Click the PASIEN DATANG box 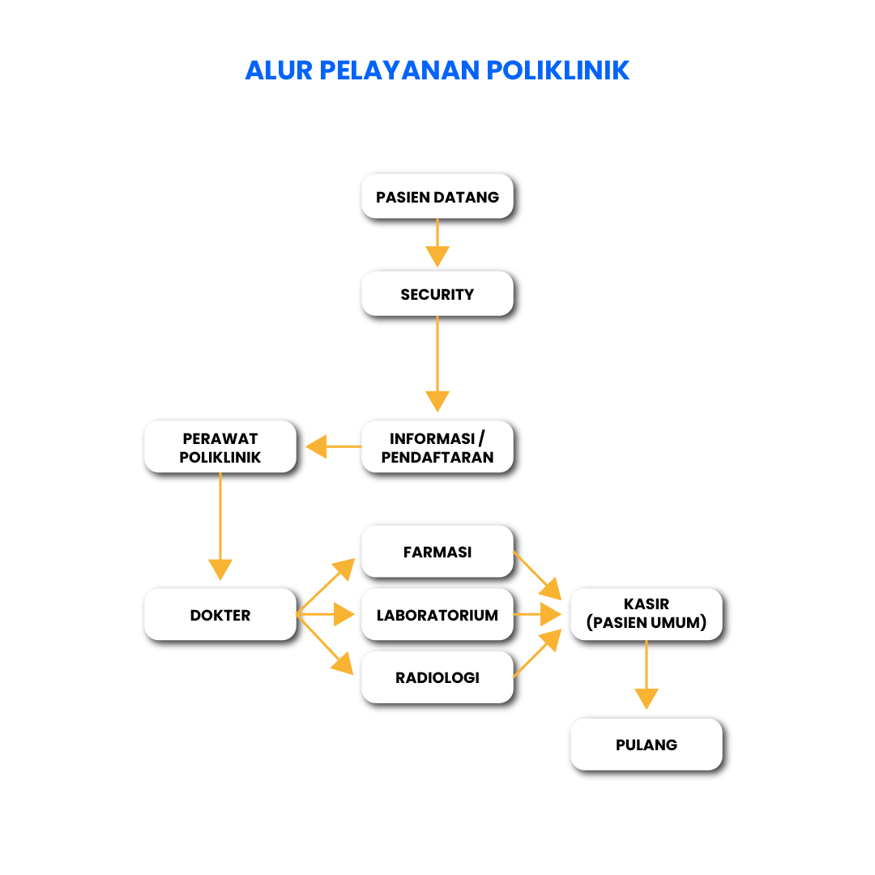437,197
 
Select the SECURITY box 437,294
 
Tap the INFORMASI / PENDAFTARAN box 437,448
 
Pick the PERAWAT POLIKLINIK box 220,448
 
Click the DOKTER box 220,615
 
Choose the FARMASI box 437,552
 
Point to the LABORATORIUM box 437,615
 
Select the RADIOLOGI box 437,677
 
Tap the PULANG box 647,745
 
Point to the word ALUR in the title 279,70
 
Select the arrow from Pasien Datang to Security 437,243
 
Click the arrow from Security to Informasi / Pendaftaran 437,365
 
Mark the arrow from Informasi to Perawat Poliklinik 332,446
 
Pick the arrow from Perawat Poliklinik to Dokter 220,527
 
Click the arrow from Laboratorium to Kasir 538,615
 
